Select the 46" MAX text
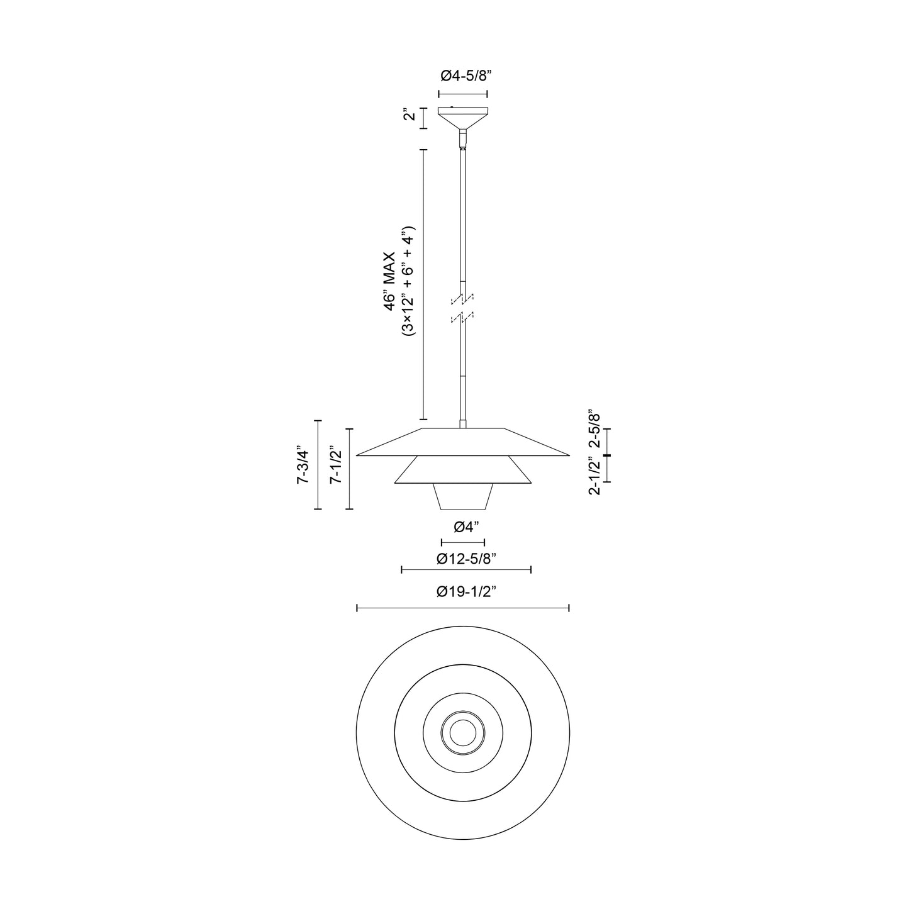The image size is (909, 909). [390, 281]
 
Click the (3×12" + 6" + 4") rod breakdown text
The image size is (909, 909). [408, 281]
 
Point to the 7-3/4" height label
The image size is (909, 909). [304, 466]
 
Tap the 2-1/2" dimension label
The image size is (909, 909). [594, 477]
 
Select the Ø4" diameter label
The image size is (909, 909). [463, 527]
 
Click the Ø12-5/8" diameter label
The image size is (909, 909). [466, 557]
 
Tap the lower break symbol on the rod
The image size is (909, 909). [462, 318]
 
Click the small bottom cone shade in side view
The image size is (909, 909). [463, 497]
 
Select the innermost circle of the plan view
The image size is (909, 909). [463, 732]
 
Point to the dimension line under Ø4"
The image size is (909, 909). [463, 542]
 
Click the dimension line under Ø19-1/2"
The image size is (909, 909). [463, 608]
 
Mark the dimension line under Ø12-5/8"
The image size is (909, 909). [466, 570]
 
